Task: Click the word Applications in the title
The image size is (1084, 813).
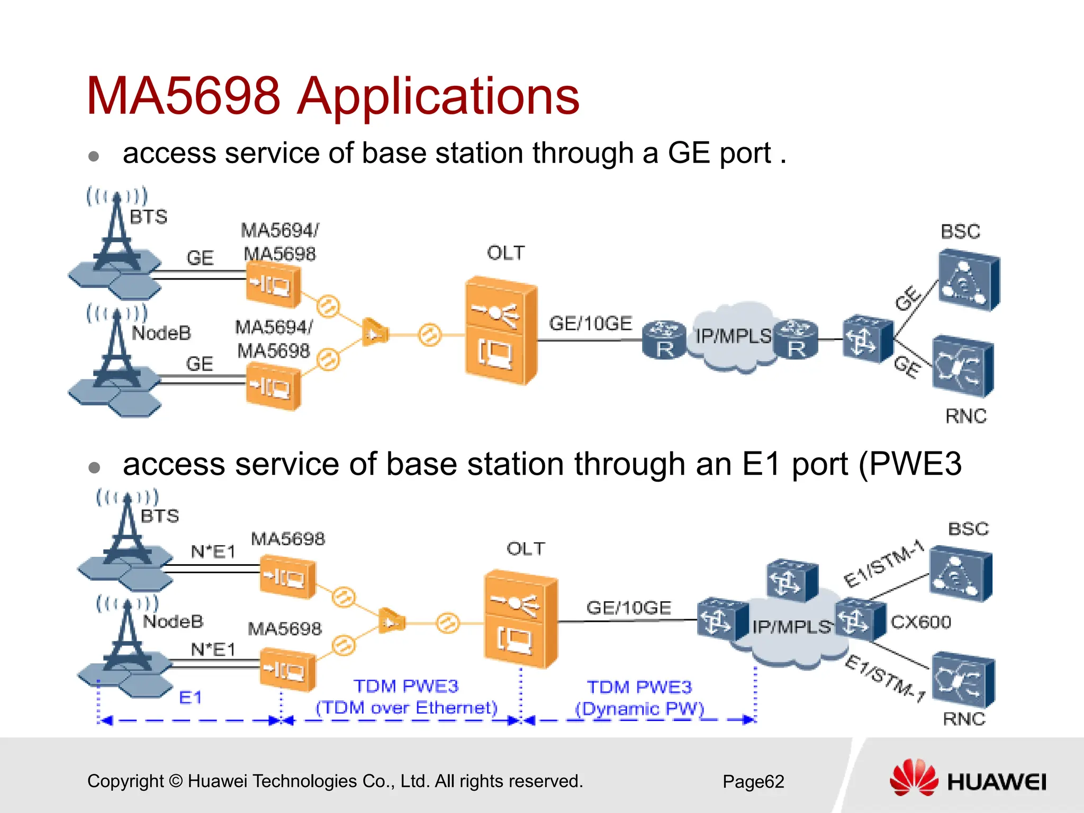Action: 438,96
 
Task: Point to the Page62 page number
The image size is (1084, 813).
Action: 753,782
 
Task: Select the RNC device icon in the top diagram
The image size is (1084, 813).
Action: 962,366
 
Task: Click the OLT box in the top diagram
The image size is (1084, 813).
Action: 500,331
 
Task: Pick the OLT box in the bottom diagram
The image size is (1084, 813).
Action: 520,618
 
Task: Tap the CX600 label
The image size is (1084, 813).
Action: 920,622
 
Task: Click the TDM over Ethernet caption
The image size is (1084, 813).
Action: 406,708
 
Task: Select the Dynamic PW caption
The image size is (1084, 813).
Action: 639,709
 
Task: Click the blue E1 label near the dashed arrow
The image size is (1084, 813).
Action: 191,697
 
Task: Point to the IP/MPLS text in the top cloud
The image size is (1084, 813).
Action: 733,336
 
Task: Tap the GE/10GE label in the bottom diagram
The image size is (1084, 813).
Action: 628,608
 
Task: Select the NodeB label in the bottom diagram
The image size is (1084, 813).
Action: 173,621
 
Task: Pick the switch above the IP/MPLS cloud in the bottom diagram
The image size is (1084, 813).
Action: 791,581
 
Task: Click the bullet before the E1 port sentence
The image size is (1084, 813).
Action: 95,467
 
